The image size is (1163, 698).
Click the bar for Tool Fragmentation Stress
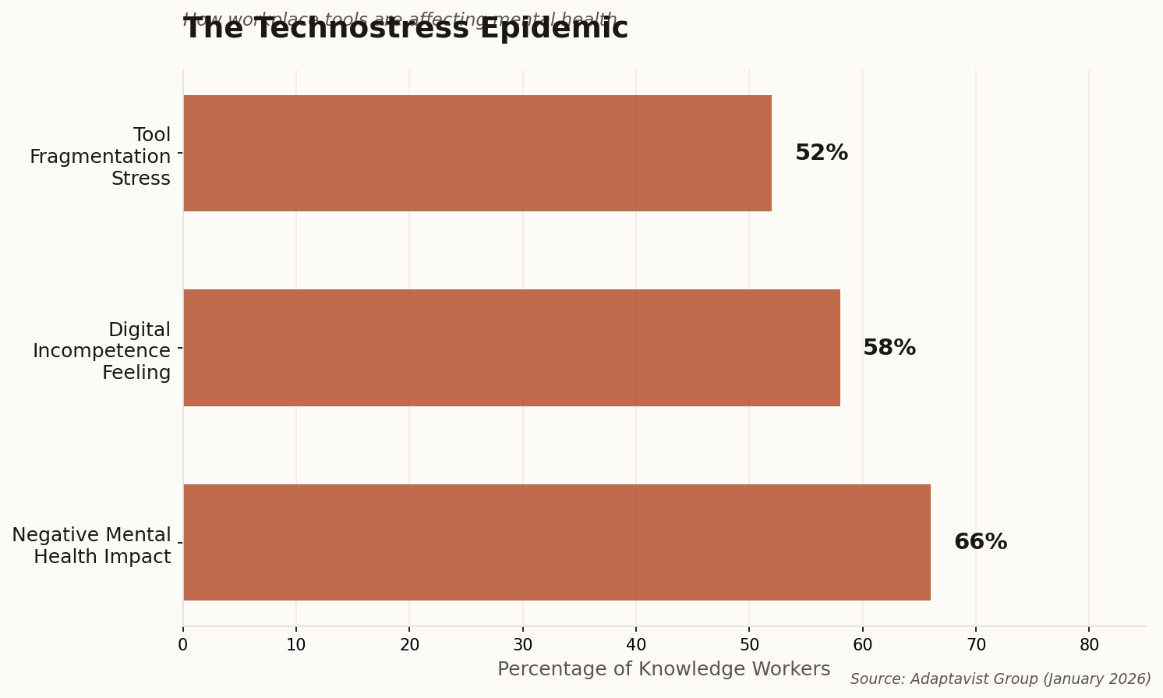477,154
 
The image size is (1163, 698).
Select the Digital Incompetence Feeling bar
511,348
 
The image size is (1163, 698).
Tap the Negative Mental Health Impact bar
557,543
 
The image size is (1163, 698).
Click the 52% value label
821,154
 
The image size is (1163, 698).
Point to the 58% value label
889,348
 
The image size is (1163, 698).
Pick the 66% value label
980,543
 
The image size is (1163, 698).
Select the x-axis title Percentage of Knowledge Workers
663,669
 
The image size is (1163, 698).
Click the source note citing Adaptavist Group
1000,679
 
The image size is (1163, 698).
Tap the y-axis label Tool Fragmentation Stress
101,157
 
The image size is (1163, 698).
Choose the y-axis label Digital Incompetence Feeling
102,351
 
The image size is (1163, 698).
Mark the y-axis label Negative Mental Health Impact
92,546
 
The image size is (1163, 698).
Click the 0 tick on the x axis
183,645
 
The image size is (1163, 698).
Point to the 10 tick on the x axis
296,645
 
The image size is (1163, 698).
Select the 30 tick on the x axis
523,645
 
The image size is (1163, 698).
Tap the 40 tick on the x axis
636,645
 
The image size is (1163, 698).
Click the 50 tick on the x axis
749,645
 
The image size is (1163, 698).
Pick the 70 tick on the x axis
976,645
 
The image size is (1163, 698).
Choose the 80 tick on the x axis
1089,645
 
